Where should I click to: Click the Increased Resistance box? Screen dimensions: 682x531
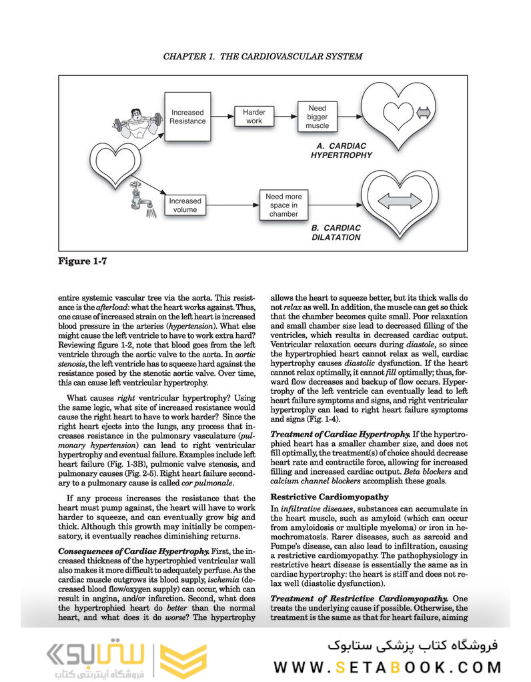[187, 117]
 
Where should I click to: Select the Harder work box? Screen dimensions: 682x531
[254, 117]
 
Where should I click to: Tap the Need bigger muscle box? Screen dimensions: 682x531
[318, 117]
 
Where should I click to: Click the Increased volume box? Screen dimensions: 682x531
[185, 205]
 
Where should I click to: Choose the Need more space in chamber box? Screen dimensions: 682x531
[284, 205]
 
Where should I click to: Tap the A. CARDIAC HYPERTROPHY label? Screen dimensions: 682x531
[341, 151]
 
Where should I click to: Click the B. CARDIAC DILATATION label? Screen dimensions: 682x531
[336, 232]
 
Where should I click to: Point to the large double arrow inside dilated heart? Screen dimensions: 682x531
[399, 201]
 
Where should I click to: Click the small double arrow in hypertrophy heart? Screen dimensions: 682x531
[423, 113]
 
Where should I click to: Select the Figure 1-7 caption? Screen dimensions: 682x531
[82, 261]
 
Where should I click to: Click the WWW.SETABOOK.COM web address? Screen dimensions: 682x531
[387, 667]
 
